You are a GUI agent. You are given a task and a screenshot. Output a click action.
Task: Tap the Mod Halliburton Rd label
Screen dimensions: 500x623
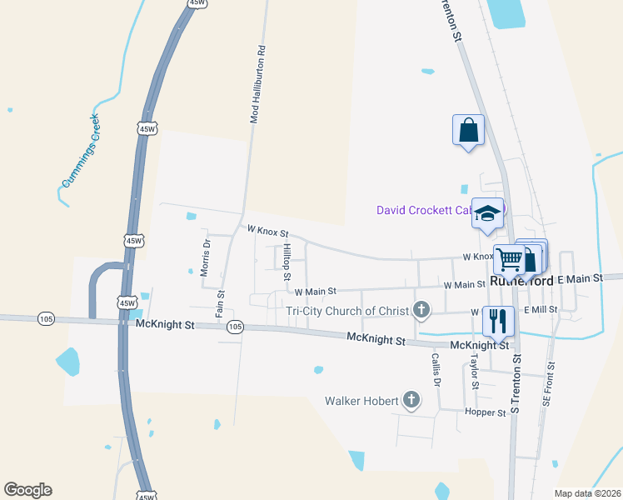tap(259, 84)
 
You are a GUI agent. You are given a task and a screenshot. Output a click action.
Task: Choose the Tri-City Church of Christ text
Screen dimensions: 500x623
tap(347, 311)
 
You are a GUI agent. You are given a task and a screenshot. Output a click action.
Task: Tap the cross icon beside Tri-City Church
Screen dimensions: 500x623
tap(421, 311)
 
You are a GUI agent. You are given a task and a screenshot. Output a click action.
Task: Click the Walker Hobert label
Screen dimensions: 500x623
tap(361, 401)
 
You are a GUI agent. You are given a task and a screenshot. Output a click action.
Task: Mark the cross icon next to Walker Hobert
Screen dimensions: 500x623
tap(411, 401)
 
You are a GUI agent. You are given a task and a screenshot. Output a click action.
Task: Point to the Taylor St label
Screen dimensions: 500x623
tap(474, 372)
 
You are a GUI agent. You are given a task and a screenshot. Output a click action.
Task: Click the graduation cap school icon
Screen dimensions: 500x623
tap(487, 213)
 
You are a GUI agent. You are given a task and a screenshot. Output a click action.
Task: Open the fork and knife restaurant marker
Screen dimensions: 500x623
tap(498, 319)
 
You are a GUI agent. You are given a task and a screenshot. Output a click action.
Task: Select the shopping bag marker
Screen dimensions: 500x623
tap(468, 129)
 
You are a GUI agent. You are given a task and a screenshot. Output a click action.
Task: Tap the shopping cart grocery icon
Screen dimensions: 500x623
tap(509, 258)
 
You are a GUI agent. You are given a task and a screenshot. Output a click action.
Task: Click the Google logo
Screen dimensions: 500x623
tap(27, 490)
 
